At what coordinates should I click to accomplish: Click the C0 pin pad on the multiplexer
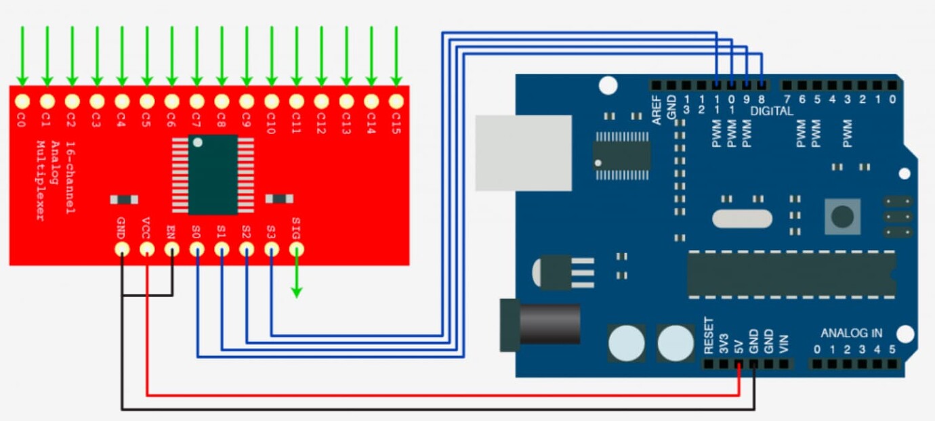click(22, 102)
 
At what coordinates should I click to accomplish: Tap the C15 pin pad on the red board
click(396, 102)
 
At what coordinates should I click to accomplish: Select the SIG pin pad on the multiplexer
click(296, 249)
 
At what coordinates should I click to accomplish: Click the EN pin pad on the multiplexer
click(172, 249)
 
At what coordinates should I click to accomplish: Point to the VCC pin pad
click(147, 249)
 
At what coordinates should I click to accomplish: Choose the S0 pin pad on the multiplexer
click(197, 249)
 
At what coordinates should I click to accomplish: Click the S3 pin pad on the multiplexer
click(271, 249)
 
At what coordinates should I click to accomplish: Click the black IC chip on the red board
click(213, 175)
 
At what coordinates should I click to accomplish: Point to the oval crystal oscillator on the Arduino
click(742, 219)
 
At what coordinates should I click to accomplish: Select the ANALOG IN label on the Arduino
click(851, 333)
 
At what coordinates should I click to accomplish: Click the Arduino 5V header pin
click(739, 363)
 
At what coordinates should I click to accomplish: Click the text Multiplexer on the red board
click(39, 181)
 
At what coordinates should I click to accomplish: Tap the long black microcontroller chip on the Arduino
click(790, 274)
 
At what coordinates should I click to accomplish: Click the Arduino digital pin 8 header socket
click(762, 85)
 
